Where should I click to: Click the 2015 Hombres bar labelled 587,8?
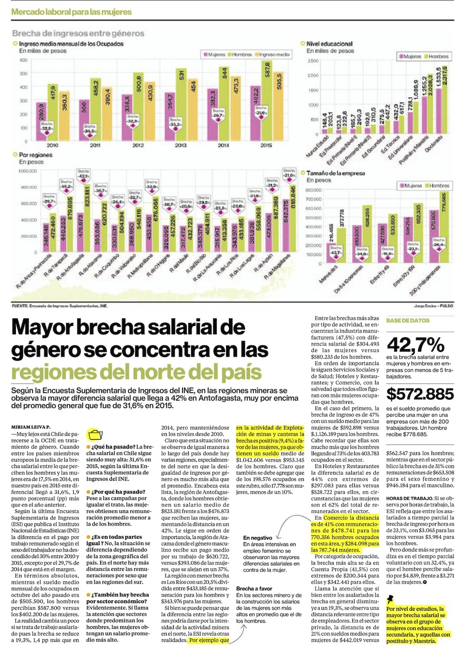[x=267, y=103]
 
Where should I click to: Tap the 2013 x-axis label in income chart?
[x=180, y=145]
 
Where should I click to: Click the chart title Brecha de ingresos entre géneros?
[x=78, y=33]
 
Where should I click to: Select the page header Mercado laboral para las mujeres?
[x=71, y=12]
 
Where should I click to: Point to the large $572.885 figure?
[x=420, y=394]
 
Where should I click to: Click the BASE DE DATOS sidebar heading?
[x=408, y=320]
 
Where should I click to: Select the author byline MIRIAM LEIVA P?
[x=30, y=427]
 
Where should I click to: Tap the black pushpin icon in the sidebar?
[x=391, y=599]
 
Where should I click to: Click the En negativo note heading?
[x=258, y=538]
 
